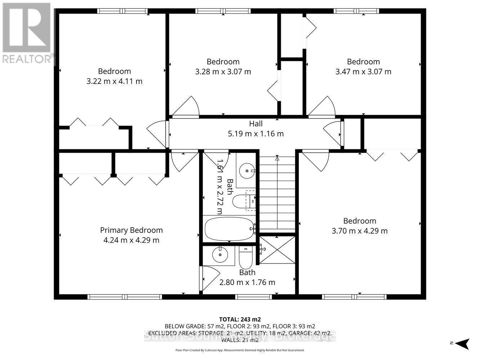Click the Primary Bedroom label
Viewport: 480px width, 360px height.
click(131, 230)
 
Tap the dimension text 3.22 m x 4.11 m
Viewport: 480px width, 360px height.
click(114, 81)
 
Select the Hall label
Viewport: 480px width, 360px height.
click(256, 124)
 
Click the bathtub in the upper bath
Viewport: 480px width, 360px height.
click(229, 229)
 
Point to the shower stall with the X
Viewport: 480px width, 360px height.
click(277, 250)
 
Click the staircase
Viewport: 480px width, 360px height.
click(277, 194)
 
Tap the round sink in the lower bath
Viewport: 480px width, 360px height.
click(219, 255)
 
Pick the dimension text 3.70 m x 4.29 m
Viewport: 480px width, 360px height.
click(359, 231)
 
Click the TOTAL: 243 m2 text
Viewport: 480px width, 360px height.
click(240, 319)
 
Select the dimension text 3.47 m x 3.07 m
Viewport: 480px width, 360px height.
click(363, 72)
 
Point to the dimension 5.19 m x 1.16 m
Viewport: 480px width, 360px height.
click(256, 134)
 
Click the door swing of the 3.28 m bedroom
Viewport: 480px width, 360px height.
click(186, 107)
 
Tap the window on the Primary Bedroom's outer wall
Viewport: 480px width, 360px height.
click(125, 297)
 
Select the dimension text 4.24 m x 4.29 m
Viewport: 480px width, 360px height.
click(131, 240)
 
